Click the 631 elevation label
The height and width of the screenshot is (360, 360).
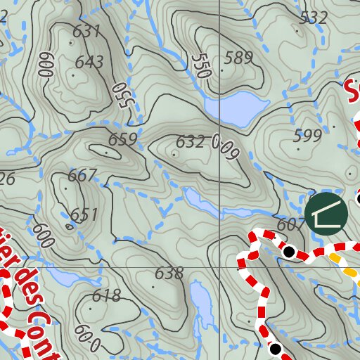(x=86, y=32)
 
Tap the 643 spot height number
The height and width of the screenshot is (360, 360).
(x=89, y=63)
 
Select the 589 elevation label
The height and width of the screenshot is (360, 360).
(x=238, y=58)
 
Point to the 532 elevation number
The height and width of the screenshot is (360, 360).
(x=313, y=18)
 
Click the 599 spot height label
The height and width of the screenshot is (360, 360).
(x=307, y=136)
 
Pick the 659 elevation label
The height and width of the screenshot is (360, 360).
(x=123, y=139)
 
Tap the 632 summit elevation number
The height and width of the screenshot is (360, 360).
(x=190, y=143)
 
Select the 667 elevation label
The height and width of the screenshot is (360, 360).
(x=82, y=176)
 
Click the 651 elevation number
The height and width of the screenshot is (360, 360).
(x=84, y=215)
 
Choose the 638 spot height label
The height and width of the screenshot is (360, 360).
(x=169, y=273)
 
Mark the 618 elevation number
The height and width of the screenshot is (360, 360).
(x=106, y=295)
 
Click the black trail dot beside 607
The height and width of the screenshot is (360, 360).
(x=288, y=251)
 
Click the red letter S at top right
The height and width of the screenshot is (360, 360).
(x=354, y=91)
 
